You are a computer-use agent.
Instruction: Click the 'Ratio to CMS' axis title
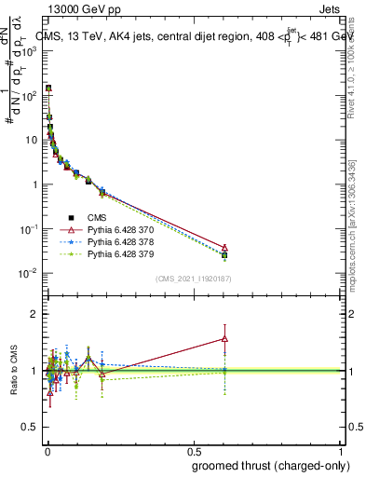13,371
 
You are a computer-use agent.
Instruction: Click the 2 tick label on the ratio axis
34,314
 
